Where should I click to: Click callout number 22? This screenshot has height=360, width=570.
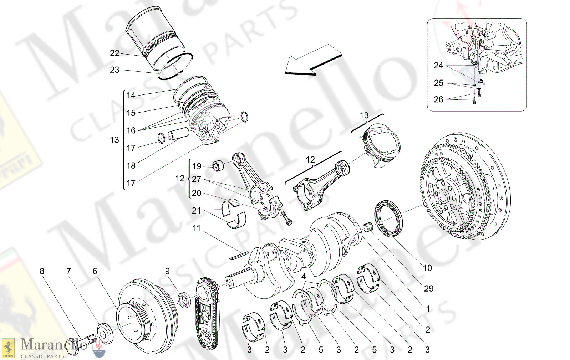(x=114, y=53)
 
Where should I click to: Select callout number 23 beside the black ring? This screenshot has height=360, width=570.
(x=114, y=70)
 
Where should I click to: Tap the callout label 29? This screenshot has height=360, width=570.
(x=428, y=289)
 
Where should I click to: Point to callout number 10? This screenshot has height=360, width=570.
(x=427, y=268)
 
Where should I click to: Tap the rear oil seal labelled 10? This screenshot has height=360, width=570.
(x=388, y=218)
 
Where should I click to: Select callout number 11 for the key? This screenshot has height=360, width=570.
(x=197, y=228)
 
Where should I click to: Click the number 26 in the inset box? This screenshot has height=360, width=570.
(x=438, y=99)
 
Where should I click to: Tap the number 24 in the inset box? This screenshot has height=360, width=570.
(x=438, y=66)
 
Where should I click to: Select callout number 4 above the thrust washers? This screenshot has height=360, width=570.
(x=304, y=277)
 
